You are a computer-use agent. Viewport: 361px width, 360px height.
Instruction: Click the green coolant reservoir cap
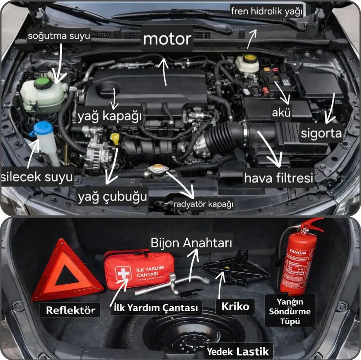42,83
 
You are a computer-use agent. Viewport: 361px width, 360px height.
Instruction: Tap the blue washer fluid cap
44,128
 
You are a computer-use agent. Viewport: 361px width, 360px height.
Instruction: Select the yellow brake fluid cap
249,58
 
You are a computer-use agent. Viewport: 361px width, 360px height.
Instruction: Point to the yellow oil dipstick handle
115,139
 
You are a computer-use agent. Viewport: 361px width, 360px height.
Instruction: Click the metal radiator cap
156,169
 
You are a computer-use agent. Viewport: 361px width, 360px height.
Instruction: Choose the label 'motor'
167,39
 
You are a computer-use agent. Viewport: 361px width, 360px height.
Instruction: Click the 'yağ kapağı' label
110,117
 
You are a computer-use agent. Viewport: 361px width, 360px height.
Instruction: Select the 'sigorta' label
321,133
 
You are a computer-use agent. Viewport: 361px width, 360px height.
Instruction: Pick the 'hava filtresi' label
279,178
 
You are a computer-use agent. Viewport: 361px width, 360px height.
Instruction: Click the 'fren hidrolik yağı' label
267,12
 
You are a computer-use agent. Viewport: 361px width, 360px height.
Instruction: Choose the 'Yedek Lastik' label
238,350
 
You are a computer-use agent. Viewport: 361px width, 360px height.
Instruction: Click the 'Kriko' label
235,306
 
